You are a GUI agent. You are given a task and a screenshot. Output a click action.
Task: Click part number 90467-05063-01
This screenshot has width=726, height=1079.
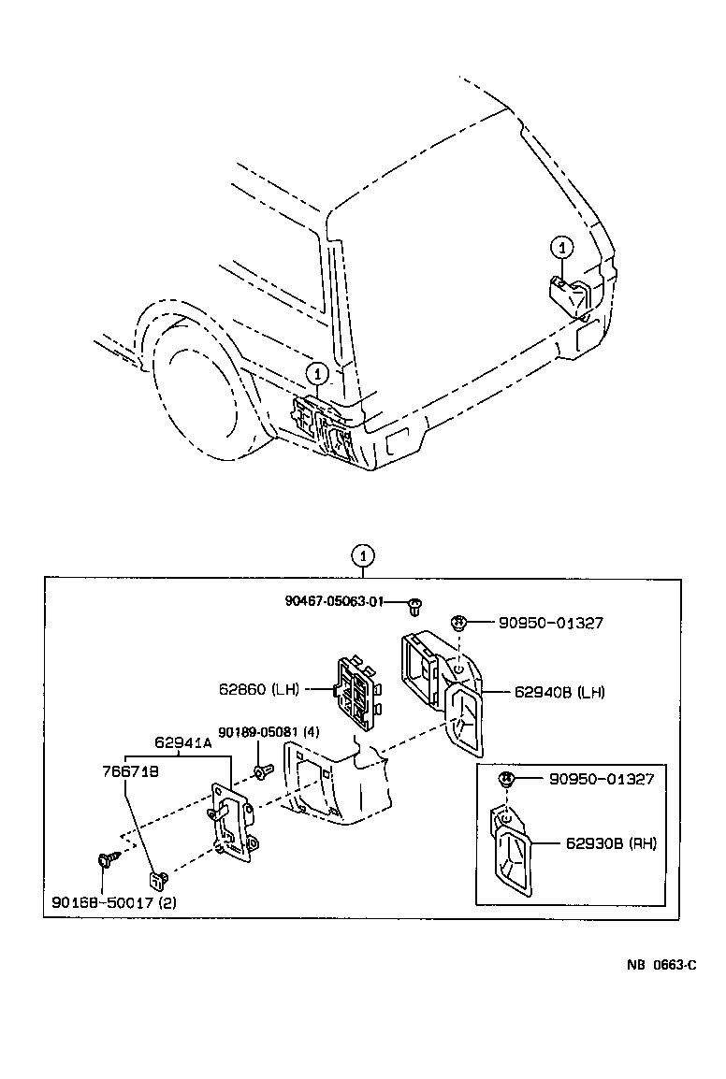coord(333,601)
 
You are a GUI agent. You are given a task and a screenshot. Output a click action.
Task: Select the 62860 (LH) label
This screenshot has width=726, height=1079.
coord(259,689)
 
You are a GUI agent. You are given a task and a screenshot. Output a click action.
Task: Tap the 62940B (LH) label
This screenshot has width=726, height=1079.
coord(559,692)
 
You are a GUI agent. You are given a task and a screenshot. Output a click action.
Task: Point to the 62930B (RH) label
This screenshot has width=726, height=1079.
coord(611,842)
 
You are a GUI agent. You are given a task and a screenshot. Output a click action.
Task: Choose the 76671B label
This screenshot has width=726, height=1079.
coord(131,771)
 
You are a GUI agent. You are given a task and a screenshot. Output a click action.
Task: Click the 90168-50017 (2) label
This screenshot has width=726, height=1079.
coord(113,901)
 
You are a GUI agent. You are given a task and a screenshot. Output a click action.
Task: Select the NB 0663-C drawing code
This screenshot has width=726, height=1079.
coord(661,965)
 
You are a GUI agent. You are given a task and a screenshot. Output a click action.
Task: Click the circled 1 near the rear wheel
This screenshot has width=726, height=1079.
coord(317,374)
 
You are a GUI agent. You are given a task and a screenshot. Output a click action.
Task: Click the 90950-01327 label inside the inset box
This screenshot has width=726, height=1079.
coord(602,779)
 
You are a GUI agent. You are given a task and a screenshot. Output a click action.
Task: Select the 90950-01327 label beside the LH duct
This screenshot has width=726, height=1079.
coord(550,623)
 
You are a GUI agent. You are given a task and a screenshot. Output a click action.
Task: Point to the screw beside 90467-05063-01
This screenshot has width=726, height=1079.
coord(414,607)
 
